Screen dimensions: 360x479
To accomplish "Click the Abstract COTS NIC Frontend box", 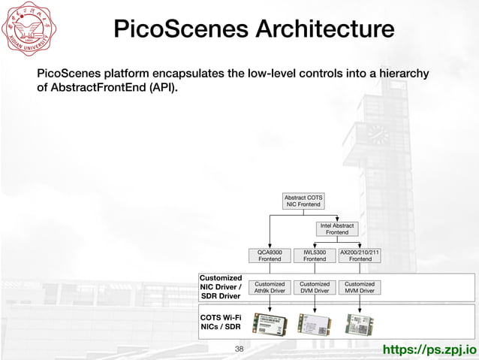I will [303, 201].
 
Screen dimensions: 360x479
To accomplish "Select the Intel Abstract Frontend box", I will [337, 228].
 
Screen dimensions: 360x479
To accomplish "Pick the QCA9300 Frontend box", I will [270, 256].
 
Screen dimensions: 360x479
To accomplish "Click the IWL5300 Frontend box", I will [315, 256].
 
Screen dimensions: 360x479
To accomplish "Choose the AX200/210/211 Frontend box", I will [360, 256].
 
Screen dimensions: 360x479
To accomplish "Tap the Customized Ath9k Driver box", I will [270, 287].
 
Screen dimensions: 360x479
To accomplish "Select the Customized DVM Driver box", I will [315, 287].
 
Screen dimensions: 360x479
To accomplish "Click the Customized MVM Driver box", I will [360, 287].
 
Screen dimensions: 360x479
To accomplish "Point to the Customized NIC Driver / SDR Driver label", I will [221, 287].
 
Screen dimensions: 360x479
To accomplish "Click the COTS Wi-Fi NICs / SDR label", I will [221, 322].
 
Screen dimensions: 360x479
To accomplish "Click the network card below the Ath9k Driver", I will [270, 324].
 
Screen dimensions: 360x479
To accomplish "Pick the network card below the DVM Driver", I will [315, 324].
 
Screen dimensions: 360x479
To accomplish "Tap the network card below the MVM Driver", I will [360, 324].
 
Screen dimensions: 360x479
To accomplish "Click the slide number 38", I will [239, 349].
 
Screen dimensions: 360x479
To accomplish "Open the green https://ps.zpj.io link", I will [429, 349].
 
